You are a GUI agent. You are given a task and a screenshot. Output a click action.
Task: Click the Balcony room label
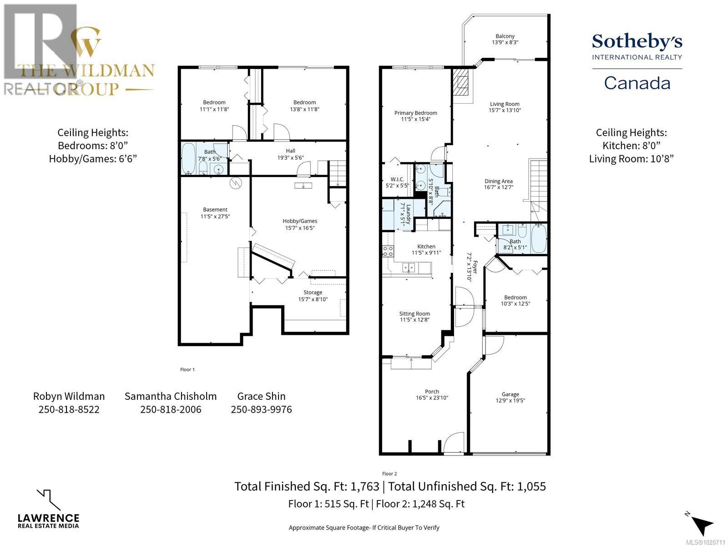(505, 36)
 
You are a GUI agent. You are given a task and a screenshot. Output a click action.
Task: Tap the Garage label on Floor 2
(510, 394)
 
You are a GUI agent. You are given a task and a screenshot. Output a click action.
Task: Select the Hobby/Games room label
(300, 221)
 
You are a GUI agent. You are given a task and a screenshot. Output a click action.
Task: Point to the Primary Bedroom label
(415, 113)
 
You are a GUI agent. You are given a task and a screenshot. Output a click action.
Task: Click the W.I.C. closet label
(397, 179)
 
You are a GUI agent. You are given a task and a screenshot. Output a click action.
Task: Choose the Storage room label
(313, 293)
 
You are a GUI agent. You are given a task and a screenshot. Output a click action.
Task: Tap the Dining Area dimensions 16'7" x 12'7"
(499, 187)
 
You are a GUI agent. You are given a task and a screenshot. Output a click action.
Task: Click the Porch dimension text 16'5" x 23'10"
(432, 398)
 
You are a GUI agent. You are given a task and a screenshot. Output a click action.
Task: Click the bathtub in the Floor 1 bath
(188, 159)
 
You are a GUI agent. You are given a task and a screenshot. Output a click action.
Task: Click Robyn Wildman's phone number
(69, 409)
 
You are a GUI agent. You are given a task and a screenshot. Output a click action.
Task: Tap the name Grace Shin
(261, 396)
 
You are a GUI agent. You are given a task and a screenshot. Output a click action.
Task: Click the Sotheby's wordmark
(637, 42)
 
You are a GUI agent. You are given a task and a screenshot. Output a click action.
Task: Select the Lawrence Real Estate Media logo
(48, 510)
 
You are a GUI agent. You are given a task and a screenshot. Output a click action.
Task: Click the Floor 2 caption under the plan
(389, 474)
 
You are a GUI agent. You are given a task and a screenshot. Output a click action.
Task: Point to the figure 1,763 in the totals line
(364, 486)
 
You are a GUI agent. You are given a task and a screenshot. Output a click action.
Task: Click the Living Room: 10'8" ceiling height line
(631, 159)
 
